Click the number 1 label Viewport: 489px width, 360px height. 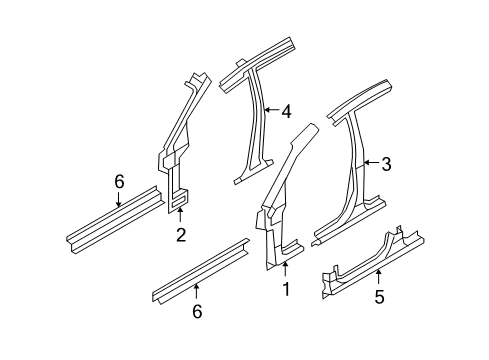point(285,291)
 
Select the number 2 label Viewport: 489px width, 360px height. point(180,235)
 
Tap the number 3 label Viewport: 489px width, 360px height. point(384,164)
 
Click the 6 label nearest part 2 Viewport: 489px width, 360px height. point(119,181)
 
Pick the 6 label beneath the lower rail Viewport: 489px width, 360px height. point(197,312)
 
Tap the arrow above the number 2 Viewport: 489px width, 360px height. point(180,216)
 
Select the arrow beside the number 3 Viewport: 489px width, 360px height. point(368,163)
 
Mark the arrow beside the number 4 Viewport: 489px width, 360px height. point(268,111)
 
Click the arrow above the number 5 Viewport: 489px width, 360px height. point(378,275)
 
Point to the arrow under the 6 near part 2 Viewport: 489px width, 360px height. point(119,199)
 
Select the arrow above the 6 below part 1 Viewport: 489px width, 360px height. point(197,291)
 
